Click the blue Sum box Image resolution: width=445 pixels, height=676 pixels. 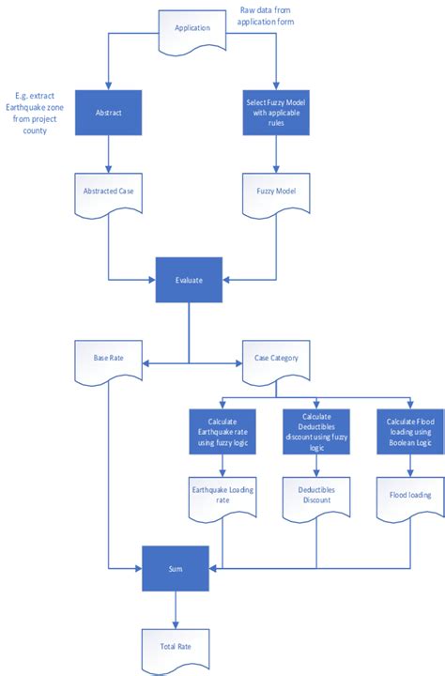click(175, 569)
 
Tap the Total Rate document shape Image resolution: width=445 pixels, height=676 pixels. click(175, 647)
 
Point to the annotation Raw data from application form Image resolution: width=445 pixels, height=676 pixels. click(273, 14)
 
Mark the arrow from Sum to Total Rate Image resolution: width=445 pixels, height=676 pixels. click(175, 610)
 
